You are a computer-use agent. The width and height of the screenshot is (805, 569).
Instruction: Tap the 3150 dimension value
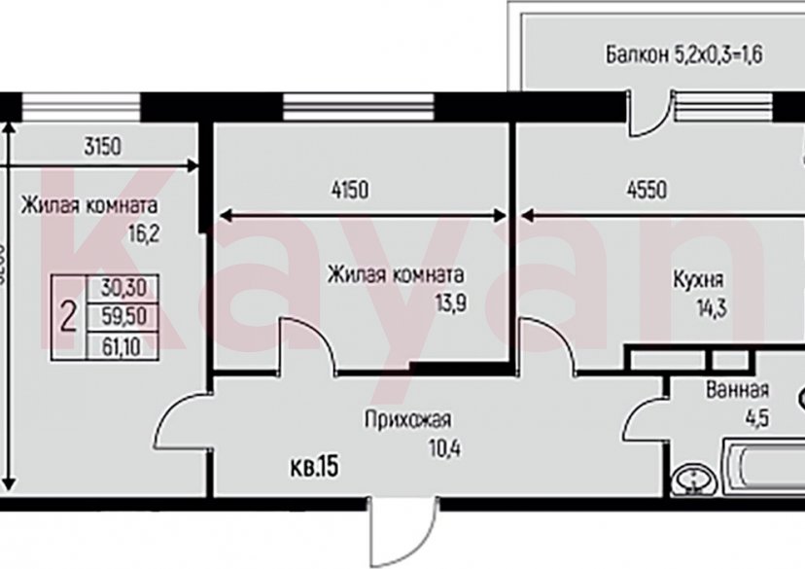103,148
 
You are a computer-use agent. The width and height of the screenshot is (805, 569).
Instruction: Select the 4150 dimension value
350,191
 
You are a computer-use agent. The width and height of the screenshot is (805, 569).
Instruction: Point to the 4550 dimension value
647,191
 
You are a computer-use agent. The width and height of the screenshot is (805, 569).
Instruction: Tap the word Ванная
737,391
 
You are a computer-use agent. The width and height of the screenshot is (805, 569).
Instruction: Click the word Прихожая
407,421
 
